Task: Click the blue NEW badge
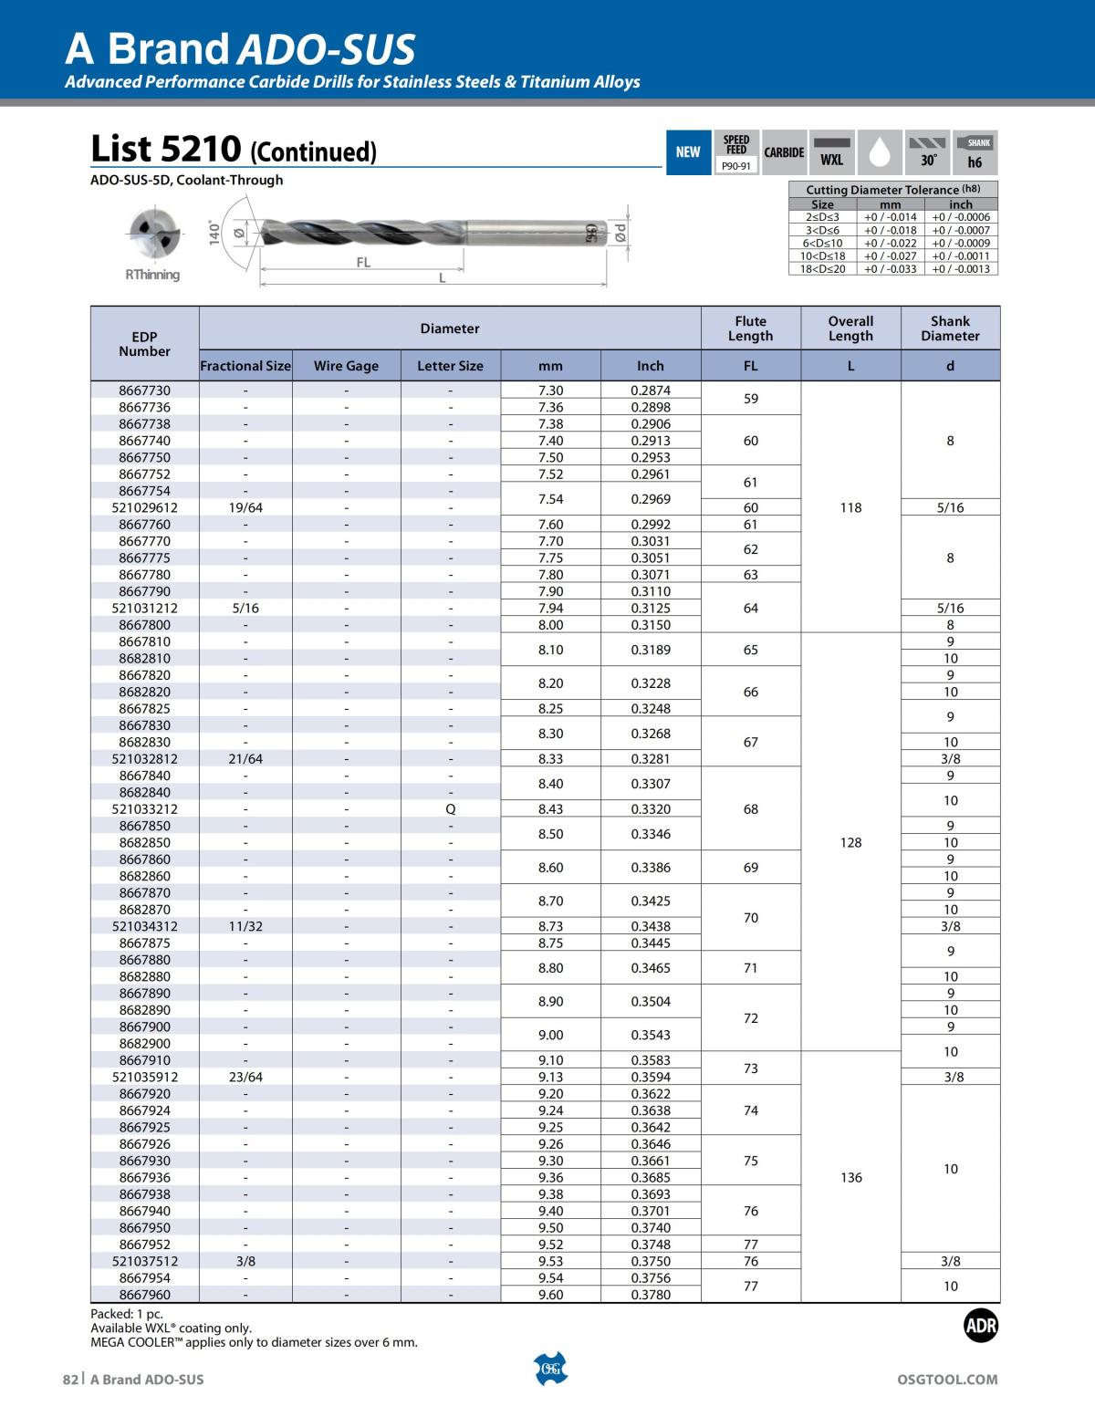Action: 688,152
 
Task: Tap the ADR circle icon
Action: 981,1326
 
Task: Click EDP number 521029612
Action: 144,507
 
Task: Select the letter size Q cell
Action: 450,808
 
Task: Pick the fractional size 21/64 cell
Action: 245,758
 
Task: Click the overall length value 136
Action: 850,1177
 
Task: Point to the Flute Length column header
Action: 750,328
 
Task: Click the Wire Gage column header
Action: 346,366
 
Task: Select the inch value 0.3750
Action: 651,1261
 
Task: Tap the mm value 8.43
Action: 550,808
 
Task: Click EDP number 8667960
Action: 144,1295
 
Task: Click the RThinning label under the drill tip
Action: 152,275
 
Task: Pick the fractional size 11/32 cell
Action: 245,926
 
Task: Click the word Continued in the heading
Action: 313,151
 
